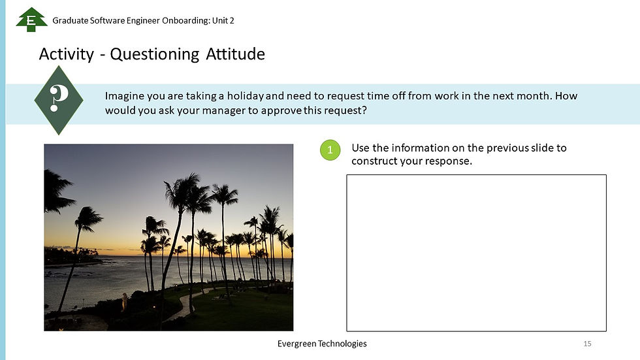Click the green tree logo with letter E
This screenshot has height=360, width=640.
point(27,20)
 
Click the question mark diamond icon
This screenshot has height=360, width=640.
point(59,100)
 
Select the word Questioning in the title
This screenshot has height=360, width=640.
point(155,54)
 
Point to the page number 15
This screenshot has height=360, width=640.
point(587,344)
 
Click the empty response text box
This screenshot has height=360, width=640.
point(475,253)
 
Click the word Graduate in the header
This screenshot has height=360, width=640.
point(71,20)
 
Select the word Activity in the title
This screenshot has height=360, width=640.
point(67,54)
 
